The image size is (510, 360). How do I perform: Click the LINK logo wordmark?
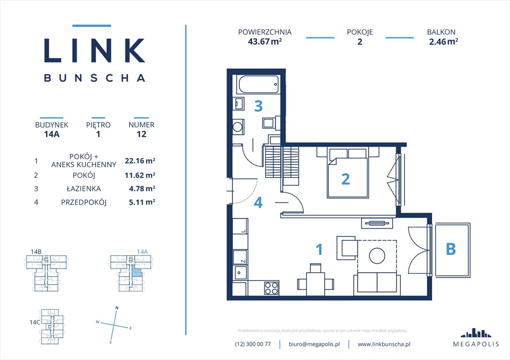[x=94, y=50]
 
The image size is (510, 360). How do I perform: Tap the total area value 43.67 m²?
[x=265, y=41]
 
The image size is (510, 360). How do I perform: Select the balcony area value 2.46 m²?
[x=443, y=41]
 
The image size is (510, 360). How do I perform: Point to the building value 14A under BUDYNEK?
[x=52, y=134]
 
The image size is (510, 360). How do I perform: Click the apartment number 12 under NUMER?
[x=141, y=134]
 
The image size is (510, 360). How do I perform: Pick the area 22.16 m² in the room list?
[x=140, y=160]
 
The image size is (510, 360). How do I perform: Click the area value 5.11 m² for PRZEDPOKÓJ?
[x=140, y=202]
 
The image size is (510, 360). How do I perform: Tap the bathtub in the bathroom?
[x=259, y=85]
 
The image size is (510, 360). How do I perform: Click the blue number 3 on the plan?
[x=258, y=106]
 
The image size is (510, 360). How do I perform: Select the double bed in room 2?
[x=347, y=173]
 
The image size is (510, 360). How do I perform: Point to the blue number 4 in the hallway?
[x=258, y=202]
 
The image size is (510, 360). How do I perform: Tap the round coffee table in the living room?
[x=377, y=256]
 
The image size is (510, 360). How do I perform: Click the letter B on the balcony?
[x=450, y=249]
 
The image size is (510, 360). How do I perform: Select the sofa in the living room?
[x=377, y=283]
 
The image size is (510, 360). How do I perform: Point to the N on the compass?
[x=116, y=308]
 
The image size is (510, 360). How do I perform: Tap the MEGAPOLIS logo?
[x=476, y=339]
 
